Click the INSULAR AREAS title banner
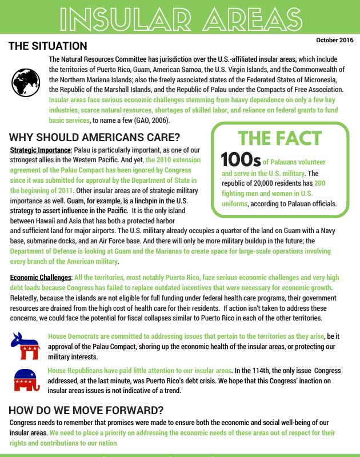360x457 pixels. tap(180, 17)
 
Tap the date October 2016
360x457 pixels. tap(334, 40)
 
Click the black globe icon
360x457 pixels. tap(25, 82)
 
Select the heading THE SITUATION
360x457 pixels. tap(47, 46)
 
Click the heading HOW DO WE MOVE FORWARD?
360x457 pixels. tap(86, 410)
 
